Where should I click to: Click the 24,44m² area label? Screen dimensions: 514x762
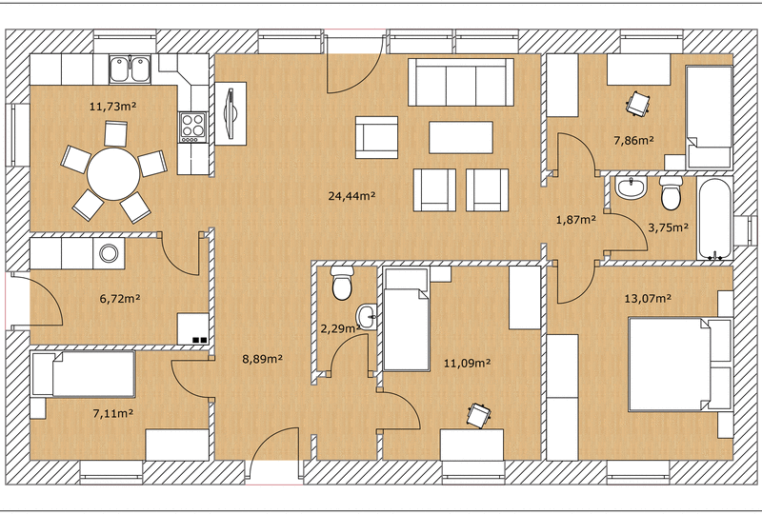(351, 196)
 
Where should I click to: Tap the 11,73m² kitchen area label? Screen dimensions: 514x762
(112, 106)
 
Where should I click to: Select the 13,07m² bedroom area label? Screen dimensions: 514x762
(648, 298)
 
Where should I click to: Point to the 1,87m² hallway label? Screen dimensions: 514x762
(575, 220)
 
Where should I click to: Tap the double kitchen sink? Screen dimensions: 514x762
(130, 67)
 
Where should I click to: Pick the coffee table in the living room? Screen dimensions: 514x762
(462, 137)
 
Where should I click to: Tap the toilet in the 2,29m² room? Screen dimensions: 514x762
(341, 283)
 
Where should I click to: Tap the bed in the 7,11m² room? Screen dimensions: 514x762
(84, 375)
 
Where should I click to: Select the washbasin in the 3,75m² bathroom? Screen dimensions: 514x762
(630, 189)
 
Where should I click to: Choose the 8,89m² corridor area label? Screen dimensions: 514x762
(263, 359)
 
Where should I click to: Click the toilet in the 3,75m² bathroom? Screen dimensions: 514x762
(672, 193)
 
